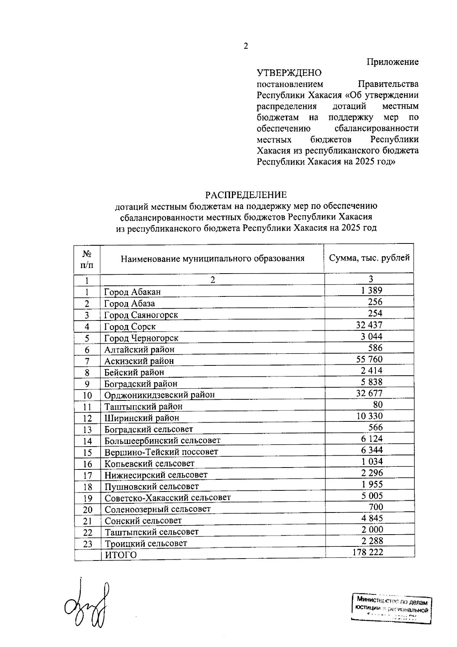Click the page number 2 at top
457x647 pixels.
pyautogui.click(x=246, y=46)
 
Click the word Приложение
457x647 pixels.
pyautogui.click(x=392, y=62)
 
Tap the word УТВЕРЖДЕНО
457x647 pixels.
pyautogui.click(x=289, y=73)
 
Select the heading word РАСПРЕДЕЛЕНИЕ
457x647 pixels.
pyautogui.click(x=246, y=195)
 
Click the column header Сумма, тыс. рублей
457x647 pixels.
pyautogui.click(x=369, y=258)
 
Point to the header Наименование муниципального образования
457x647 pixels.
pyautogui.click(x=213, y=259)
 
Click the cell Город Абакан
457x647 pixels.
pyautogui.click(x=133, y=292)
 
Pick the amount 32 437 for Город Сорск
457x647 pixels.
pyautogui.click(x=369, y=325)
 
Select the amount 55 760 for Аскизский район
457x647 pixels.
pyautogui.click(x=369, y=359)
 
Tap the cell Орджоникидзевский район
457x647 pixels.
pyautogui.click(x=160, y=395)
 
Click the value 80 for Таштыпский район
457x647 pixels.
pyautogui.click(x=378, y=405)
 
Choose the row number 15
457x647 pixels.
pyautogui.click(x=88, y=453)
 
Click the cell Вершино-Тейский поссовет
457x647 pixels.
pyautogui.click(x=161, y=452)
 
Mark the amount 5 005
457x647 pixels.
pyautogui.click(x=372, y=496)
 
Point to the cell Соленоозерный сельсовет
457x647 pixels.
pyautogui.click(x=158, y=509)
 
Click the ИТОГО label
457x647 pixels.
pyautogui.click(x=121, y=555)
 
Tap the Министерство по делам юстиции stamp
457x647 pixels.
pyautogui.click(x=391, y=612)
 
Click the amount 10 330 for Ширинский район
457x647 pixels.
pyautogui.click(x=369, y=416)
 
